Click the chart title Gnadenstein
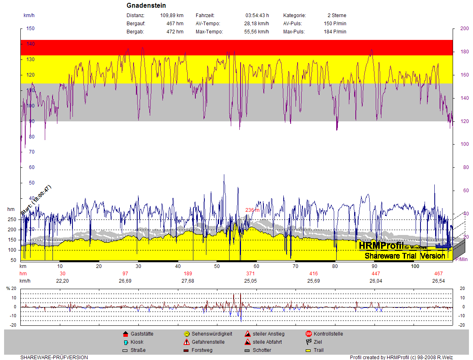point(146,6)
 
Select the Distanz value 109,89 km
point(172,15)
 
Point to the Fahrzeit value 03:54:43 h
point(257,15)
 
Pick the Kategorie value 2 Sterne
point(337,15)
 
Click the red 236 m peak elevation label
point(252,210)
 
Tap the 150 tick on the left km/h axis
point(31,29)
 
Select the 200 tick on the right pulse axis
point(464,29)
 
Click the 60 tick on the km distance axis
point(256,266)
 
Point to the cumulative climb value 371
point(250,273)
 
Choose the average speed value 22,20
point(62,281)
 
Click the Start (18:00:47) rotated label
point(36,200)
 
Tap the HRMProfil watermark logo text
point(381,246)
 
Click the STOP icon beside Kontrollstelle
point(309,334)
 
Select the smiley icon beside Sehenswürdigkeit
point(186,334)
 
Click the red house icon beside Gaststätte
point(125,334)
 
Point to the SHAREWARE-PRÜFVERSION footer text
point(54,358)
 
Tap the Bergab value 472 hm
point(175,32)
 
